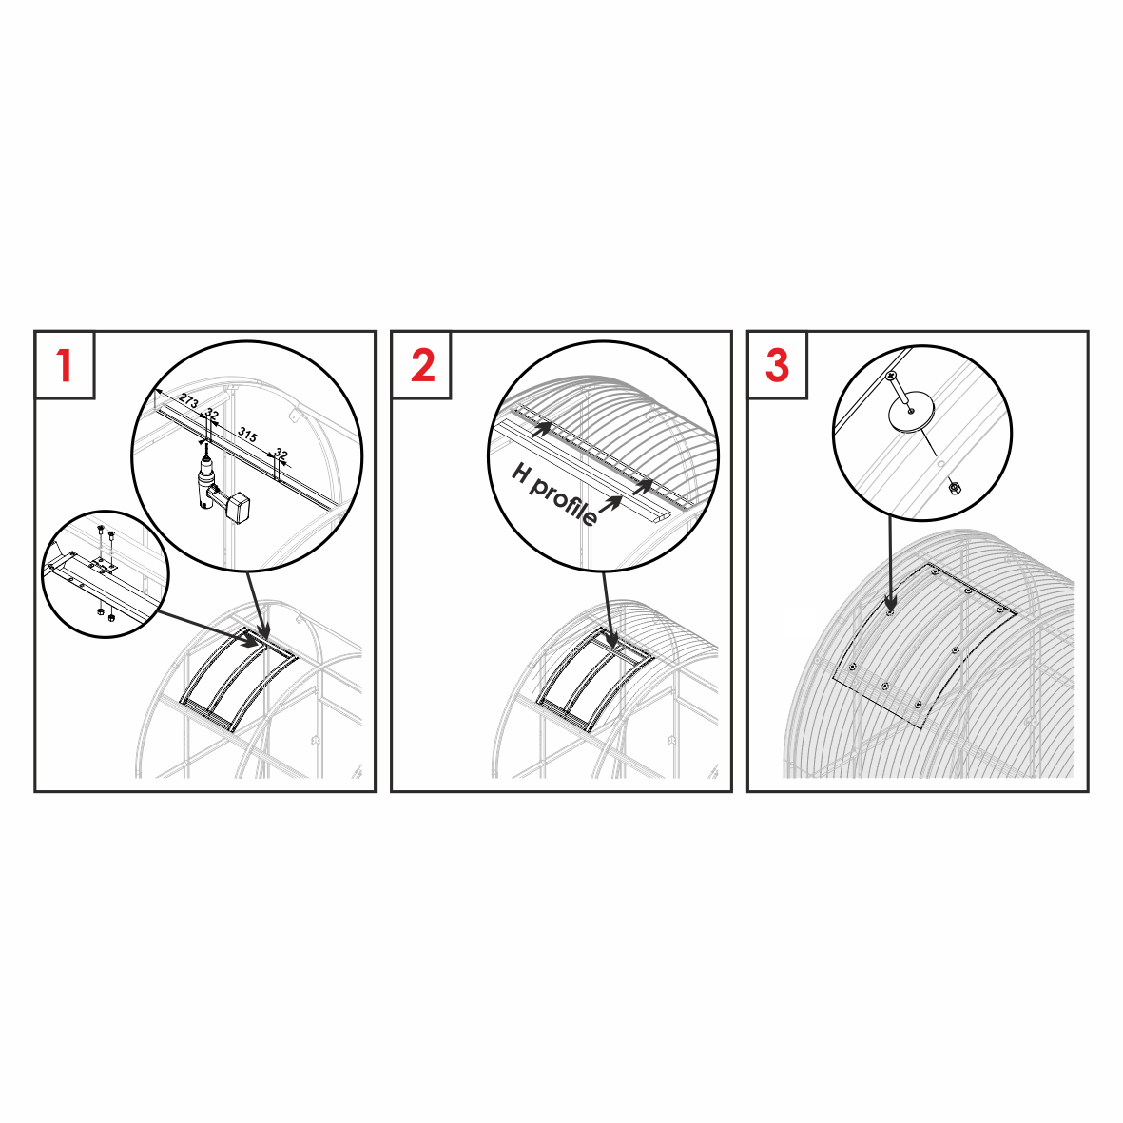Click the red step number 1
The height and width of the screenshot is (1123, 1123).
pyautogui.click(x=65, y=365)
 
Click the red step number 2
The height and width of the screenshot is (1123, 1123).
pyautogui.click(x=422, y=365)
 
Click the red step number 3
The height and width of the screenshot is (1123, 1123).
pyautogui.click(x=778, y=365)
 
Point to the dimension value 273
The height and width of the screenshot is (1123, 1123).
pyautogui.click(x=188, y=401)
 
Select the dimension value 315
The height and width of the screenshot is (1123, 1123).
pyautogui.click(x=248, y=434)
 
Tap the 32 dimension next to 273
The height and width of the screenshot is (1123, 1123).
pyautogui.click(x=211, y=414)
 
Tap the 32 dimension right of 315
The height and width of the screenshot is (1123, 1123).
pyautogui.click(x=281, y=455)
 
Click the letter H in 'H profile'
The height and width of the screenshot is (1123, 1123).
pyautogui.click(x=521, y=472)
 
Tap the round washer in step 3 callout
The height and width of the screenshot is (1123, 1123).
pyautogui.click(x=911, y=413)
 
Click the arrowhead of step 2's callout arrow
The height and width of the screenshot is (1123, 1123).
pyautogui.click(x=610, y=640)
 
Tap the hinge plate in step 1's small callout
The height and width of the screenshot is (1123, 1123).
pyautogui.click(x=103, y=565)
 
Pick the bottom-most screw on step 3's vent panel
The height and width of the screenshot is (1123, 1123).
pyautogui.click(x=918, y=706)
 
